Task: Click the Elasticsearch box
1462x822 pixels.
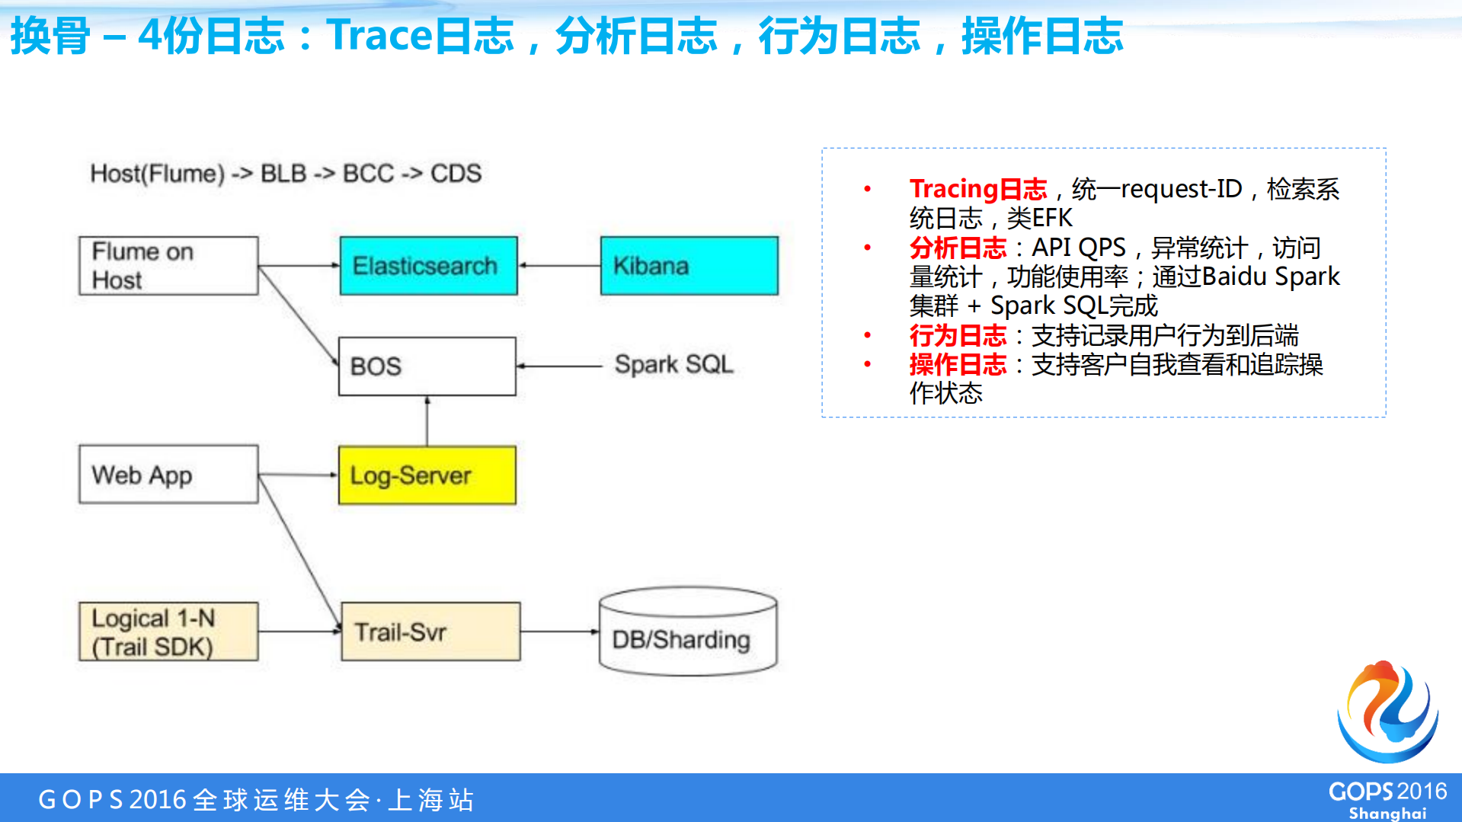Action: pos(428,266)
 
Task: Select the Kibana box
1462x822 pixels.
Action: pos(689,266)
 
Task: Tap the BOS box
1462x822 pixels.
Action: pos(427,366)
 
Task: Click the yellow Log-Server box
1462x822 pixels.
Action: pos(427,475)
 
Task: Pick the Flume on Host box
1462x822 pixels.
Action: pos(168,266)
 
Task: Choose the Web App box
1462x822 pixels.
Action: pos(168,475)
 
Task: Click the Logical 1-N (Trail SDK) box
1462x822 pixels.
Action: pos(168,632)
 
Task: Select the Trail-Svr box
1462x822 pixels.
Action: pos(430,632)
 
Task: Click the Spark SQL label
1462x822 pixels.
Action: pos(673,365)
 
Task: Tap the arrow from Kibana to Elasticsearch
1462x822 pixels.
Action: pos(559,266)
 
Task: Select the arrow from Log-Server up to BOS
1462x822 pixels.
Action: pos(427,421)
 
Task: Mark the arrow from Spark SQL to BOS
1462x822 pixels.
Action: pos(560,366)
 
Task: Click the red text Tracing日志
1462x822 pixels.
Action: pos(977,189)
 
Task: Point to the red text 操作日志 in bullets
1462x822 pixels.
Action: pos(958,365)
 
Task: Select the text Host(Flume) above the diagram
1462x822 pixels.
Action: pos(157,174)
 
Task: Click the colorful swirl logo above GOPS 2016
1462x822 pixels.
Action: pos(1387,712)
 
